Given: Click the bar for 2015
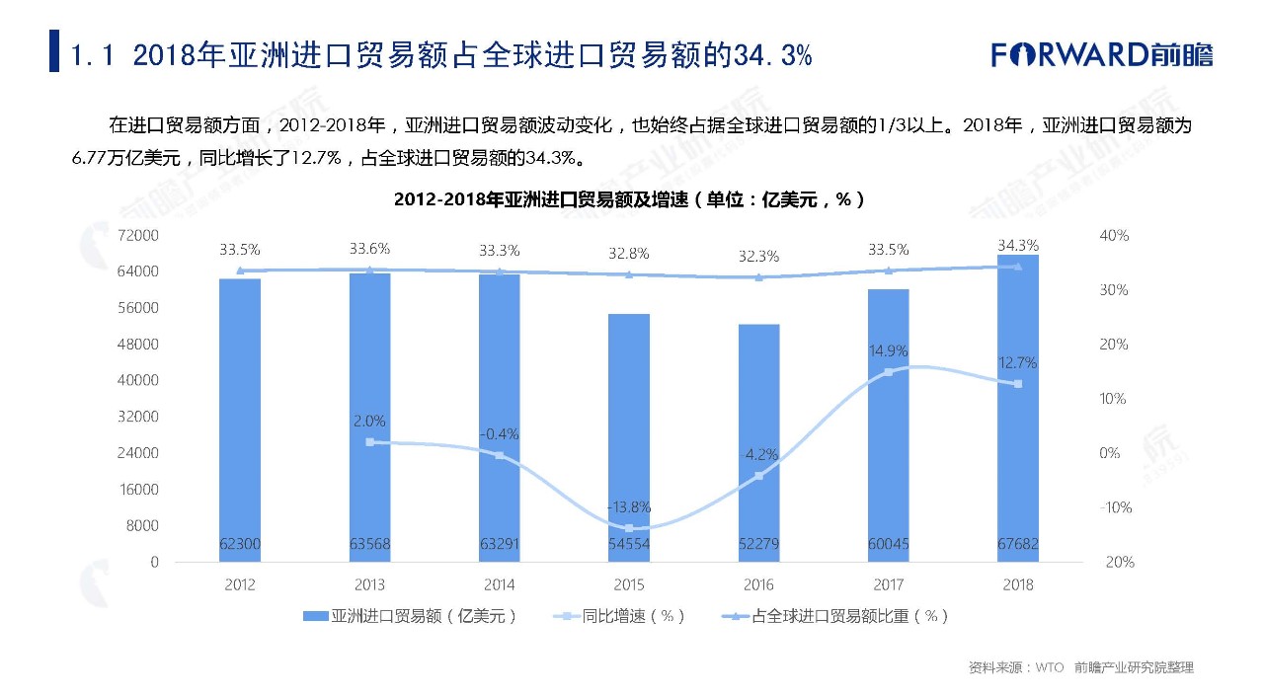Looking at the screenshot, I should coord(629,434).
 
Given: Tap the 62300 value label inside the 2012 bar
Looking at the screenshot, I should coord(240,544).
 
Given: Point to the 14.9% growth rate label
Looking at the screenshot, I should coord(889,350).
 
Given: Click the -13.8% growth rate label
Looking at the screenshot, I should coord(629,507).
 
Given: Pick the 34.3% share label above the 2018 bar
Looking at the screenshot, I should coord(1018,245).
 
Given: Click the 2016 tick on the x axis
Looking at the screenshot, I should coord(758,584).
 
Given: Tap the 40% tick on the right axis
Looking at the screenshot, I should coord(1113,236).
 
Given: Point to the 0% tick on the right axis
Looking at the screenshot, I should coord(1110,453).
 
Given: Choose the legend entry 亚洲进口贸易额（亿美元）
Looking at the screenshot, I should coord(410,616).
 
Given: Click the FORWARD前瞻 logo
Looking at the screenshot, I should coord(1102,54).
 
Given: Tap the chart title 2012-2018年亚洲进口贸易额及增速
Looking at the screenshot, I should coord(630,199).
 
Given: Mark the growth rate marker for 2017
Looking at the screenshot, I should coord(888,372).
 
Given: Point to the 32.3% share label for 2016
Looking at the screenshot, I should coord(758,257).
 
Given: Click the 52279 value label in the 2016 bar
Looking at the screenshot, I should coord(758,544).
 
